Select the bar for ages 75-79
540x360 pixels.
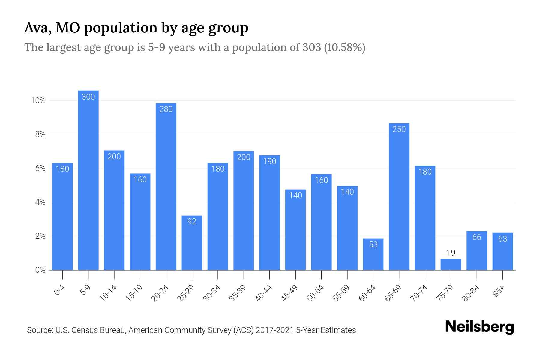451,265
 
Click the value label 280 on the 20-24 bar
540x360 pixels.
166,109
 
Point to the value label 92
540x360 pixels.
192,222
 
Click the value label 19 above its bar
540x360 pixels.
451,253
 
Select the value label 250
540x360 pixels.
399,129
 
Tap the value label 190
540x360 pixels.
269,161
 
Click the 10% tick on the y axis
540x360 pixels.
38,100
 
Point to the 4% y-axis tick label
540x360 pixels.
40,202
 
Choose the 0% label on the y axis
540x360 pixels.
40,270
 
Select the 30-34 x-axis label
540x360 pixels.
212,293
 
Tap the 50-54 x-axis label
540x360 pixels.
315,293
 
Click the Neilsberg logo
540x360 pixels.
479,327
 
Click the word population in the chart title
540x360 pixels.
121,28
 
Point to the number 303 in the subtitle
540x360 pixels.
312,47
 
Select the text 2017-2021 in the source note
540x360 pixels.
274,330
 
